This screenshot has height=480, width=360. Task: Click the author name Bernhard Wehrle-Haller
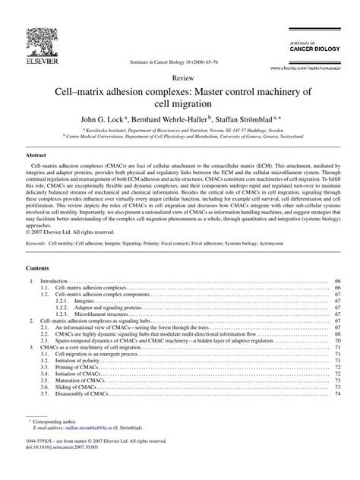click(x=176, y=119)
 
